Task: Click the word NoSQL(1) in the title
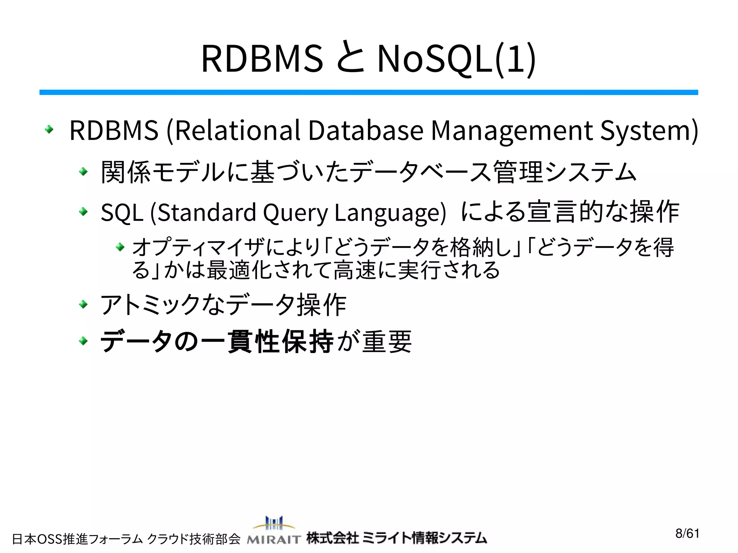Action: coord(456,59)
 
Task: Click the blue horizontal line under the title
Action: coord(368,93)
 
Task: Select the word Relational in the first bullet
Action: coord(238,130)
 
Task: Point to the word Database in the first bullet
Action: coord(366,130)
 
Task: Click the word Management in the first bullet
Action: coord(512,130)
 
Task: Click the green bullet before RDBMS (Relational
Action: coord(49,129)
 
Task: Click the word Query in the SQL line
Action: coord(295,213)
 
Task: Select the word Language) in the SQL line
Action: coord(390,213)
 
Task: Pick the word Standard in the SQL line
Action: coord(207,212)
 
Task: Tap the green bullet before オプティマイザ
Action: coord(120,247)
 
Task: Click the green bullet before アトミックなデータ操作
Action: coord(83,305)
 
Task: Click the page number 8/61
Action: coord(687,533)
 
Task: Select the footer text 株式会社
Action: coord(332,538)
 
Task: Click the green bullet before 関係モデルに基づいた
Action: coord(83,172)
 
